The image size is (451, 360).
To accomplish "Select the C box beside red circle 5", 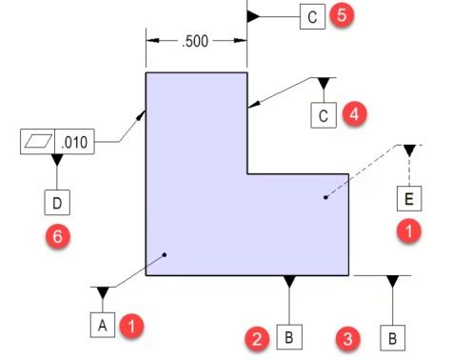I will (311, 17).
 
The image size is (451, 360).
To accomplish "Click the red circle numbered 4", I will (355, 114).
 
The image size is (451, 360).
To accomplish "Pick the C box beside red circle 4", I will (324, 115).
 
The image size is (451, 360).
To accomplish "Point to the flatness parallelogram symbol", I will (38, 142).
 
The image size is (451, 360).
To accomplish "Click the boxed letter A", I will (103, 325).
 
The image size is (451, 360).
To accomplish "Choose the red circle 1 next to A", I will (134, 325).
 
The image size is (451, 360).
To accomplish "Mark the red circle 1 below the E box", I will (409, 231).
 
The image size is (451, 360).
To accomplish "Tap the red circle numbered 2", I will (255, 337).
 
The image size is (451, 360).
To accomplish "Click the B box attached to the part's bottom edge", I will (289, 337).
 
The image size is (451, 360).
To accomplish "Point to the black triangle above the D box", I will (56, 159).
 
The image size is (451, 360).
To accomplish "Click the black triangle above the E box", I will (409, 150).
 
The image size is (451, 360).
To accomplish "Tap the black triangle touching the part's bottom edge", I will (289, 281).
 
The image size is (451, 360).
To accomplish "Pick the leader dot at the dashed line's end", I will (325, 197).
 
